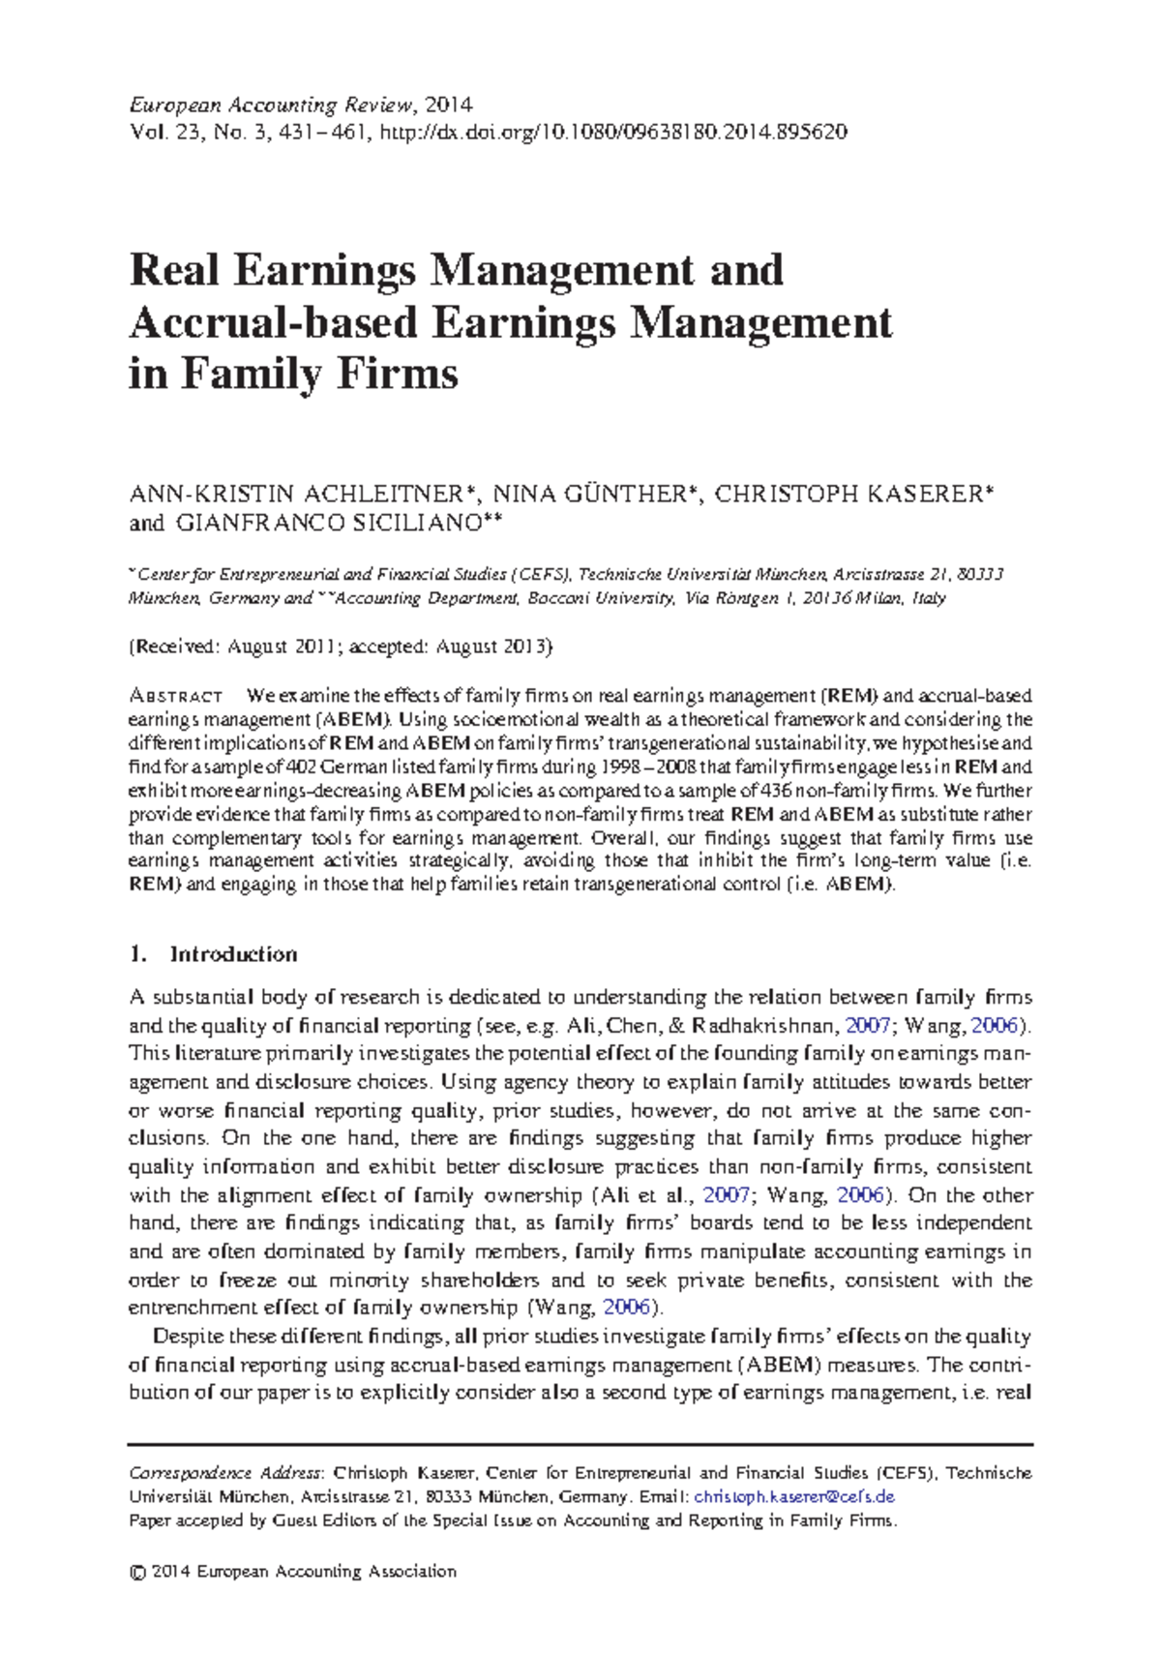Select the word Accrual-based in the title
273,322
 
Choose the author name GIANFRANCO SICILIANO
328,524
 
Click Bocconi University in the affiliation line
601,598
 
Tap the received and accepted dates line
341,647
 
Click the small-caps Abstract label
176,697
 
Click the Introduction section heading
233,954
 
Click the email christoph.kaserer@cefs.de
794,1496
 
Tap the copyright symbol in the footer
136,1572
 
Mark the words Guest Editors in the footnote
324,1520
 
